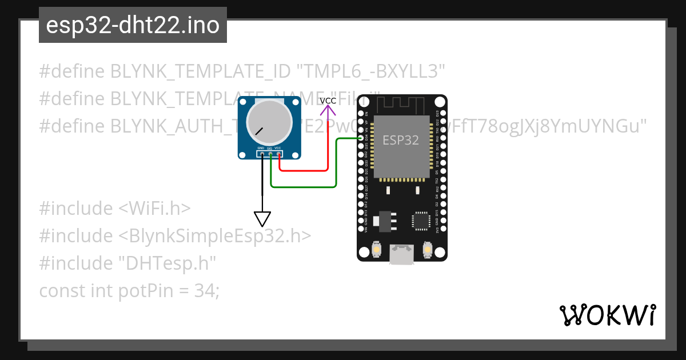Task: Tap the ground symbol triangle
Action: pos(262,218)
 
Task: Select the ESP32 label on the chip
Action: pos(401,140)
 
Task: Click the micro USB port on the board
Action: pos(402,254)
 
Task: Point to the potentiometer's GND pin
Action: pos(262,154)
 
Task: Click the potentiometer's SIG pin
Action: pos(270,154)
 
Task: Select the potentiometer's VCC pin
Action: pos(278,154)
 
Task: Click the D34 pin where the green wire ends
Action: pos(366,138)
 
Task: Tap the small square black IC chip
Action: pos(421,221)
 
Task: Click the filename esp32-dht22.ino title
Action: pos(133,26)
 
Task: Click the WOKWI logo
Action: pos(608,315)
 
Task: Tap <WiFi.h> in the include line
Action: pos(155,209)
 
